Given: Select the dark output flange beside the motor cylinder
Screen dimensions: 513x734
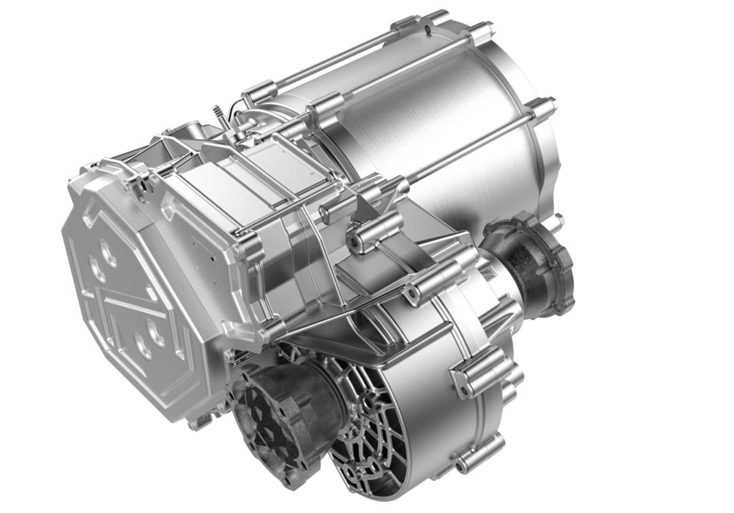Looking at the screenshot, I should coord(534,262).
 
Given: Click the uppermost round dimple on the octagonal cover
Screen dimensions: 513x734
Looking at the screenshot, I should coord(108,252).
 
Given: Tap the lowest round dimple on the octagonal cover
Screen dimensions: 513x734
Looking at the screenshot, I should coord(144,347).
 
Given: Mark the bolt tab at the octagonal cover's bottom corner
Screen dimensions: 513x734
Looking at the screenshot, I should coord(197,423).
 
